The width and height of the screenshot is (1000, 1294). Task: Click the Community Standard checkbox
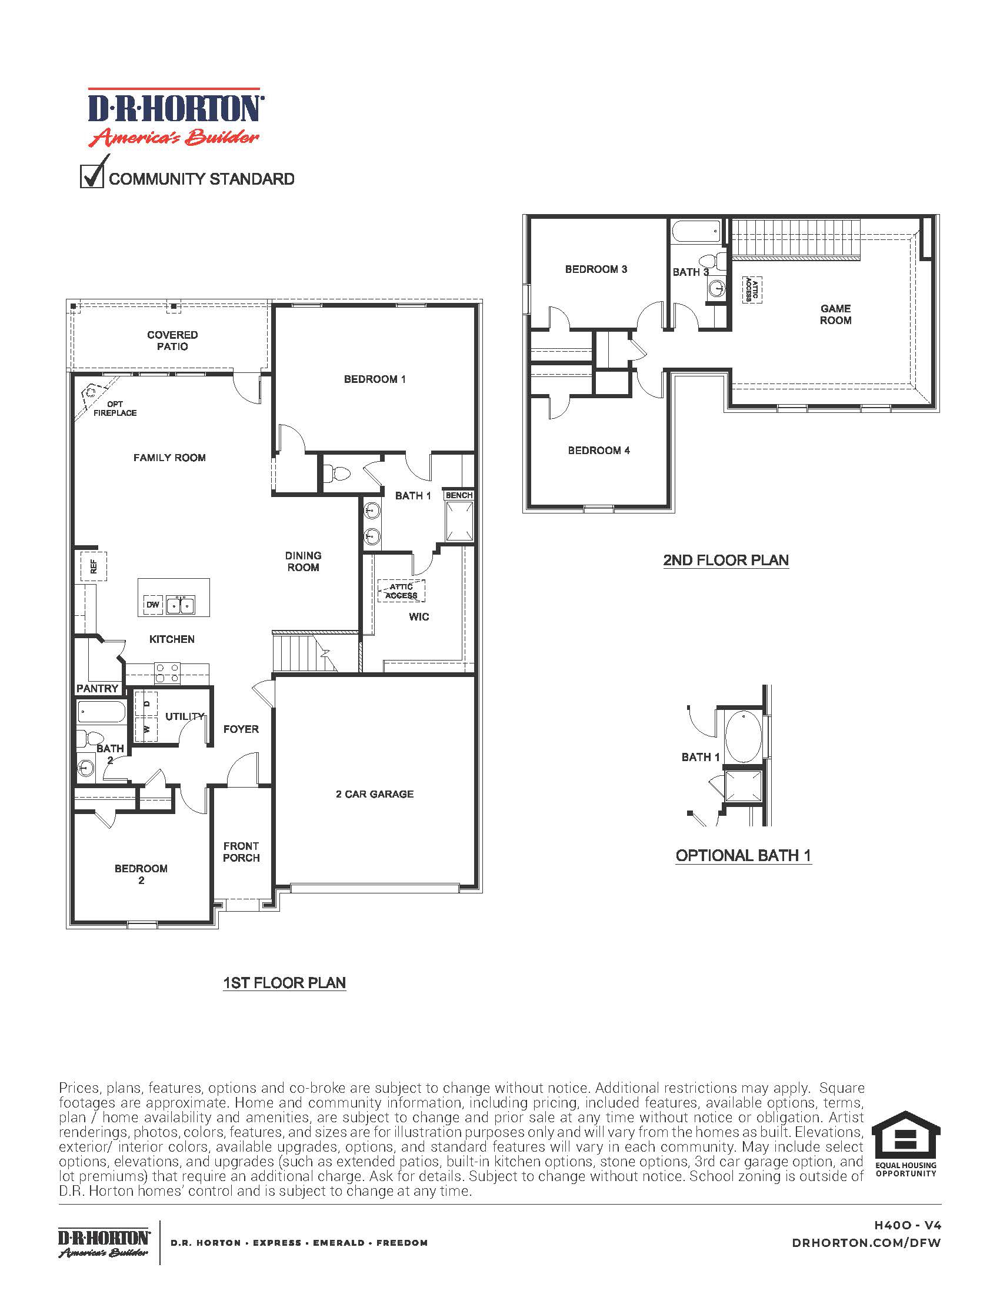tap(91, 177)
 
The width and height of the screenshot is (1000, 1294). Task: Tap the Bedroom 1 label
tap(374, 379)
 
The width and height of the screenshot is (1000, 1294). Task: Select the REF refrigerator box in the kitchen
tap(94, 566)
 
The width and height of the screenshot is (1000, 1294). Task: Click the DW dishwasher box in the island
tap(152, 605)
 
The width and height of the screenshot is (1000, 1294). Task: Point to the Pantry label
tap(97, 688)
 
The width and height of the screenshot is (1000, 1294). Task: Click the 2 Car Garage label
tap(374, 794)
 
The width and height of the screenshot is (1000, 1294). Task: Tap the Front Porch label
tap(241, 852)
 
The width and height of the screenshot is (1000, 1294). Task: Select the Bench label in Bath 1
tap(459, 495)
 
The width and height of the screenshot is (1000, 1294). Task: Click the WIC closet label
tap(419, 617)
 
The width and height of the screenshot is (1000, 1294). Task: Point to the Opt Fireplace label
tap(115, 408)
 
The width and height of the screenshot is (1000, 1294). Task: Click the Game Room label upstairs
tap(835, 314)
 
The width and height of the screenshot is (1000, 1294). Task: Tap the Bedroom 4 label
tap(598, 451)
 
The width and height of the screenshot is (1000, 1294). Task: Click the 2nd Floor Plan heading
tap(726, 560)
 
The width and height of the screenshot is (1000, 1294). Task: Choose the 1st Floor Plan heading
tap(284, 983)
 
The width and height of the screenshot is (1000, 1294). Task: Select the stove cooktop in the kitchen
tap(167, 672)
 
